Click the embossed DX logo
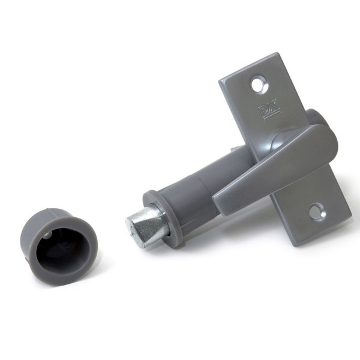pyautogui.click(x=269, y=110)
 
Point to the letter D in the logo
pyautogui.click(x=263, y=111)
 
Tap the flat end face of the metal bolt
pyautogui.click(x=134, y=224)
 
